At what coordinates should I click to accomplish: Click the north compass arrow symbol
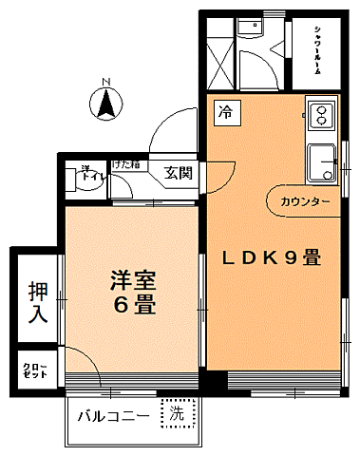pyautogui.click(x=107, y=103)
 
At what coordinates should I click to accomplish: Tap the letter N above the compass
pyautogui.click(x=107, y=81)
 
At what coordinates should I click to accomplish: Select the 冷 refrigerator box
pyautogui.click(x=225, y=112)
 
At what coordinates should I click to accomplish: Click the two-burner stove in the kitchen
pyautogui.click(x=320, y=117)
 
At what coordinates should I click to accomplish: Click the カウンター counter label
pyautogui.click(x=305, y=203)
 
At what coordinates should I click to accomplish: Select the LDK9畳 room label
pyautogui.click(x=272, y=257)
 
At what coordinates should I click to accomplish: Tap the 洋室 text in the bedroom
pyautogui.click(x=132, y=281)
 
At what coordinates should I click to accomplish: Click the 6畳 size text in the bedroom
pyautogui.click(x=132, y=307)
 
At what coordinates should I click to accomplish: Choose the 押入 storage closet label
pyautogui.click(x=37, y=301)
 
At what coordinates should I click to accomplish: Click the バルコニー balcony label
pyautogui.click(x=113, y=416)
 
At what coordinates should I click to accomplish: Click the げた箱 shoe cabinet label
pyautogui.click(x=125, y=165)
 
